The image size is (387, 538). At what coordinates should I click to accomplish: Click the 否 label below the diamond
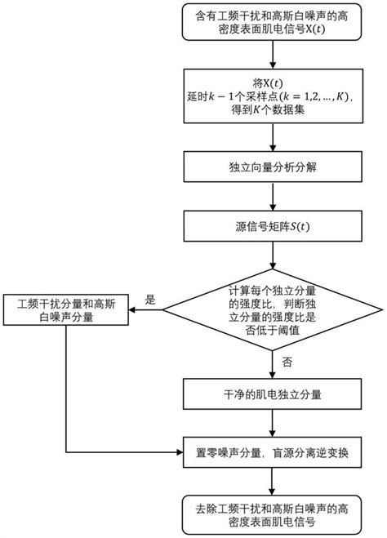click(x=286, y=360)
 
